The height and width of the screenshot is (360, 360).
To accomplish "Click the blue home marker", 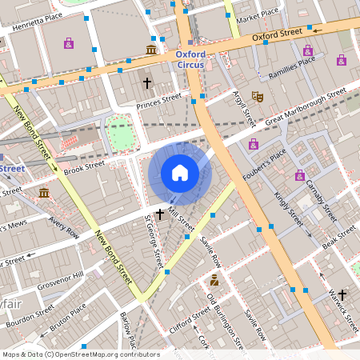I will [x=180, y=173].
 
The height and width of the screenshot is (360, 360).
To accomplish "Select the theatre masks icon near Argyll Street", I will [x=258, y=96].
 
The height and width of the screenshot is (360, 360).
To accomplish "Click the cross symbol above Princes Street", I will [x=146, y=82].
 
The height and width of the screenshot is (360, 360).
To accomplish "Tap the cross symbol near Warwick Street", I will [x=343, y=294].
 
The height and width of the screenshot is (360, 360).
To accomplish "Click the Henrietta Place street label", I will [x=31, y=21].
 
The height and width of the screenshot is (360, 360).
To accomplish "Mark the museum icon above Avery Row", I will [x=43, y=194].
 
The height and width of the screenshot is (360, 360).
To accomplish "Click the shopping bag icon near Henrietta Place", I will [x=69, y=43].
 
